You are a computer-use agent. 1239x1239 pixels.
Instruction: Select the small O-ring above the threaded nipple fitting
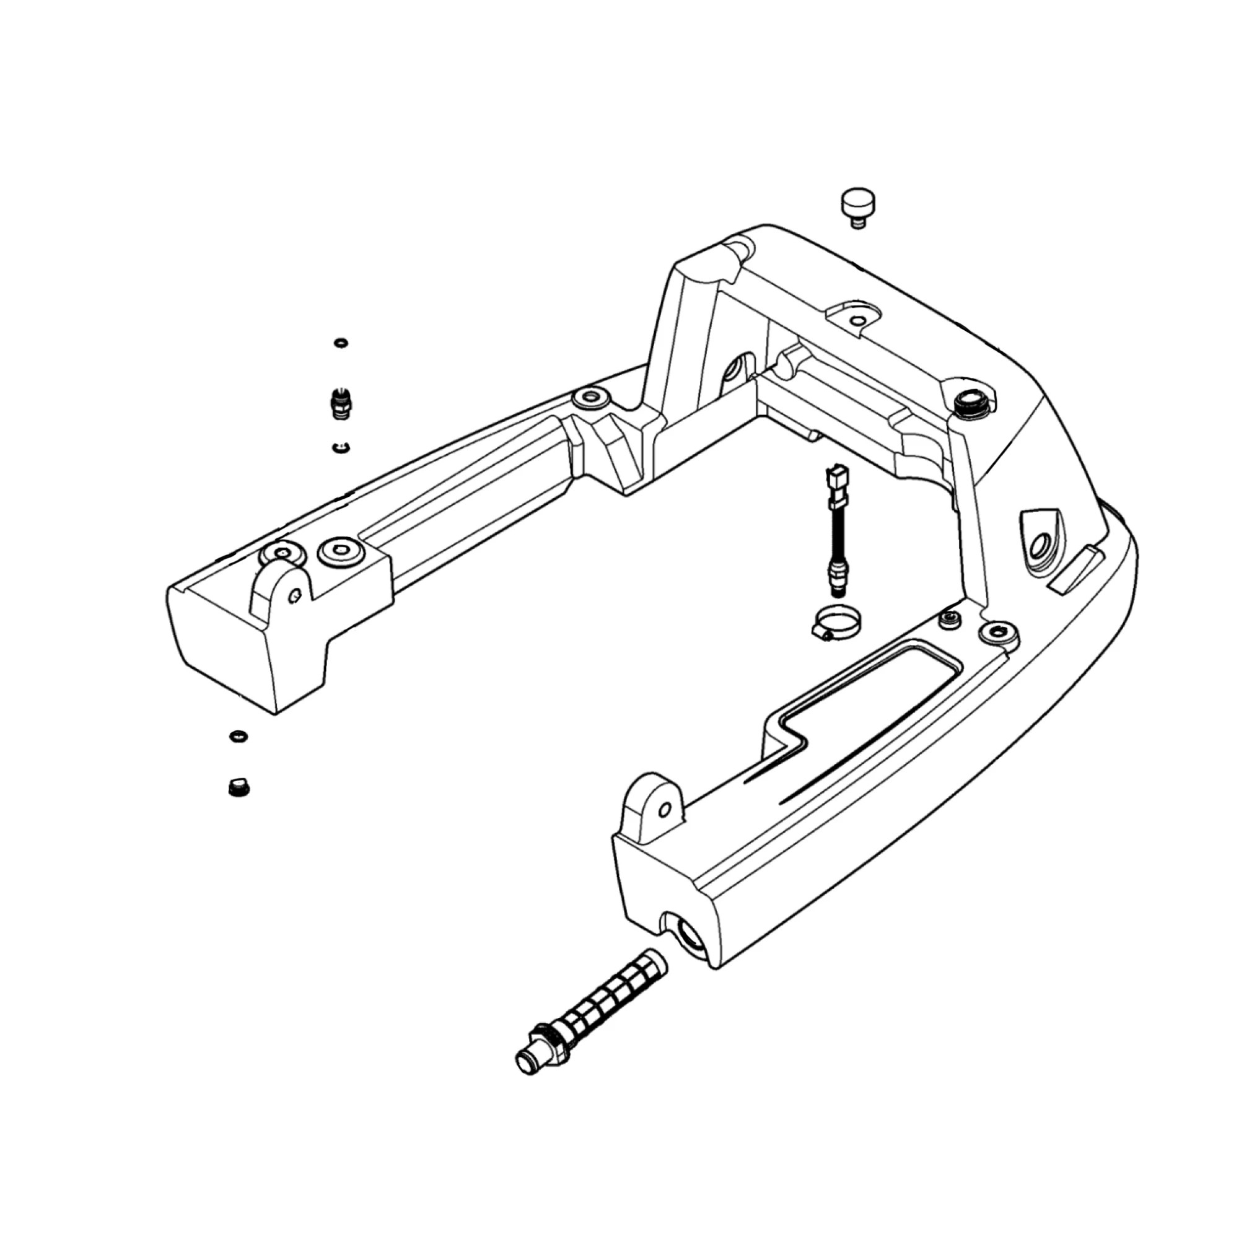[x=341, y=343]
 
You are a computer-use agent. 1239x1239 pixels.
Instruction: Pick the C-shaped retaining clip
[x=341, y=447]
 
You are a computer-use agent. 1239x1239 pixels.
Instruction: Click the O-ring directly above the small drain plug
[x=239, y=736]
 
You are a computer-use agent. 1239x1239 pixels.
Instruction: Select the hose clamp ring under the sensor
[x=836, y=622]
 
